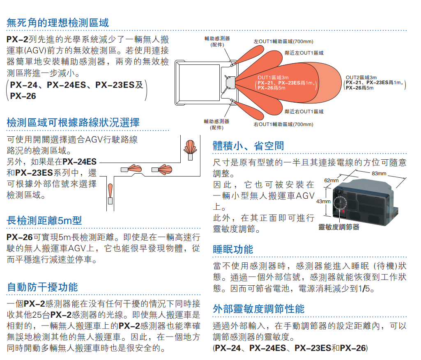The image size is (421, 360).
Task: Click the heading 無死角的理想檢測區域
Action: tap(58, 23)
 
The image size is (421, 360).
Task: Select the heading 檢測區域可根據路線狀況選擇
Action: tap(74, 122)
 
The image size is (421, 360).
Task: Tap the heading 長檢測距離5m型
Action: tap(44, 220)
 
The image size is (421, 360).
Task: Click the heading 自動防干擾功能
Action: tap(43, 287)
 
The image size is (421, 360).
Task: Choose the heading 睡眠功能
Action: tap(233, 249)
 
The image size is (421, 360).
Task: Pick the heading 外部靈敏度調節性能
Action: tap(259, 309)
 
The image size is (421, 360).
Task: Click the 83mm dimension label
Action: tap(379, 173)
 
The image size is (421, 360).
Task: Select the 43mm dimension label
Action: tap(323, 202)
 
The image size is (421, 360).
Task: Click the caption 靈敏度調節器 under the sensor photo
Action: tap(339, 227)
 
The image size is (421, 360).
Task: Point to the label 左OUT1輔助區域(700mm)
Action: tap(283, 41)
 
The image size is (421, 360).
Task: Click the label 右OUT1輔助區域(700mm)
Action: tap(283, 124)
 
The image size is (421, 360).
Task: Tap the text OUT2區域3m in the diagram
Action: tap(361, 77)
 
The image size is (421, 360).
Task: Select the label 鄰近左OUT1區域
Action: tap(304, 53)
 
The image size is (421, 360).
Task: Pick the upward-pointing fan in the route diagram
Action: tap(190, 147)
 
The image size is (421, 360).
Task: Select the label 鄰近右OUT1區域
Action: tap(304, 112)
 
